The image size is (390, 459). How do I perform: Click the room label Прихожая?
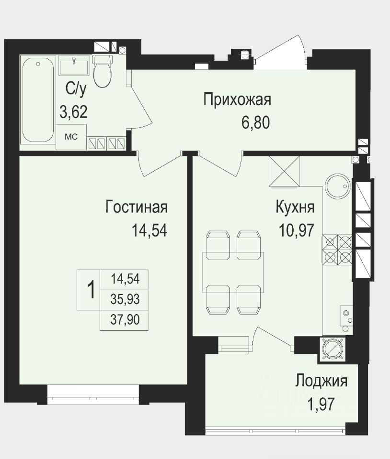237,100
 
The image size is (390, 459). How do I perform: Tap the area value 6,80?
255,123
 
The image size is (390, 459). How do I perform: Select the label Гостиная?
137,207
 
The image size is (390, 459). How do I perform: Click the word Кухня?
295,207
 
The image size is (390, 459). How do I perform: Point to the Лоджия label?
321,381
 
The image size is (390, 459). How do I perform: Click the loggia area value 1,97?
321,404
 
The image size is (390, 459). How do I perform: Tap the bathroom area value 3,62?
74,112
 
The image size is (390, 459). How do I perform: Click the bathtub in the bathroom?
38,100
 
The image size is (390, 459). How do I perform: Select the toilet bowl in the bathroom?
103,71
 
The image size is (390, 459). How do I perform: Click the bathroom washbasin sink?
74,67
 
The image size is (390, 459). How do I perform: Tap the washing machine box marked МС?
71,137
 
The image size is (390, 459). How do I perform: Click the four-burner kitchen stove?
337,249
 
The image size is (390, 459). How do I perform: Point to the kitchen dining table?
233,272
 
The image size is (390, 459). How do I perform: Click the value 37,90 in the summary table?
125,320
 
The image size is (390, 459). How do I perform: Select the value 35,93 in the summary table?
125,299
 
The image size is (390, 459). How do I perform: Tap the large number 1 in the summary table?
92,290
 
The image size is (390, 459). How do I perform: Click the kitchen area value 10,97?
297,230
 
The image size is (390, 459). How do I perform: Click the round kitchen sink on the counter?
337,186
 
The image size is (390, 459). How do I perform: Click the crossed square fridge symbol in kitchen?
284,171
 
